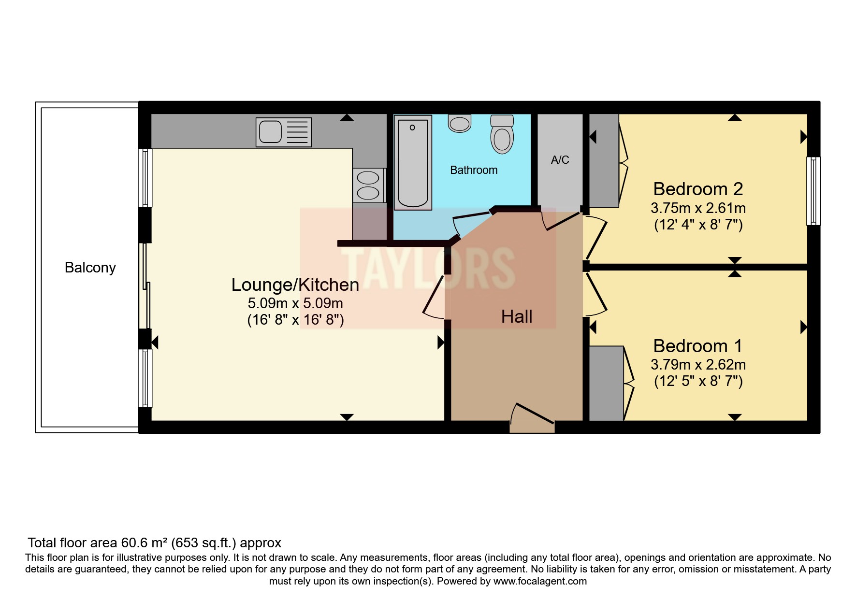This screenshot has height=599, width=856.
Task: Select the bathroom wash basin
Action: coord(459,124)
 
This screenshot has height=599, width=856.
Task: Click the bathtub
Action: coord(413,162)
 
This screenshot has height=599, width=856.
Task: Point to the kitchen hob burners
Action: coord(368,185)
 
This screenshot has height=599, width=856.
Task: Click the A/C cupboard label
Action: coord(560,160)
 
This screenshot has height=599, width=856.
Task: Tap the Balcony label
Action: coord(90,268)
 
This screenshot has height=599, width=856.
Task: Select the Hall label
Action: coord(517,317)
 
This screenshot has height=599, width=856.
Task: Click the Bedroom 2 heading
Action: coord(697,189)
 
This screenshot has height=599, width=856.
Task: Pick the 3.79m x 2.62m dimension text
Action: coord(697,365)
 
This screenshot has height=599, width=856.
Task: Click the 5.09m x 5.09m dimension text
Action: coord(295,303)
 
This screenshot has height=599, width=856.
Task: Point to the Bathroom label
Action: coord(473,170)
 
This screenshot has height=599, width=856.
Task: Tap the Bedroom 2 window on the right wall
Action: coord(813,191)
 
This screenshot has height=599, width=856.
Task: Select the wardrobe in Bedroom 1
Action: coord(606,383)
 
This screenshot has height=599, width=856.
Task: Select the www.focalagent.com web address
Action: coord(540,582)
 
